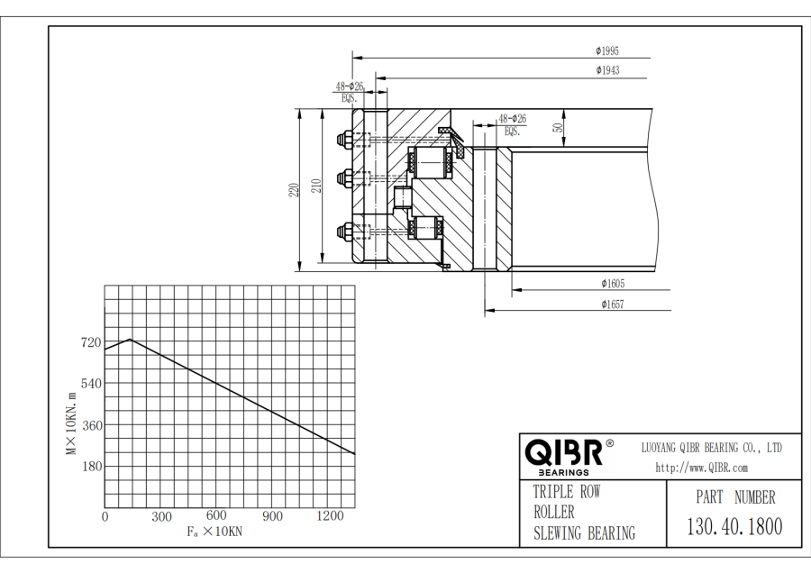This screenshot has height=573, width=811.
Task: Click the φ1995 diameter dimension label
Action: coord(607,51)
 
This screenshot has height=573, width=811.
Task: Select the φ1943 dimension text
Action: coord(607,69)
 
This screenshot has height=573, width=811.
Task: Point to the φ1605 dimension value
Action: coord(613,284)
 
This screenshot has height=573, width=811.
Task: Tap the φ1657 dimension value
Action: coord(613,305)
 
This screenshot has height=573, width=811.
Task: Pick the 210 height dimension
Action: coord(316,186)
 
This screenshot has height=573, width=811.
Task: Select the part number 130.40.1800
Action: coord(734,526)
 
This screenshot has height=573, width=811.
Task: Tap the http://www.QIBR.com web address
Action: coord(701,468)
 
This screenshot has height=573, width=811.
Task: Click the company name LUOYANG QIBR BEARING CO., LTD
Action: coord(711,448)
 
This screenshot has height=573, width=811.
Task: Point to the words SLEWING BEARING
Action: coord(584,533)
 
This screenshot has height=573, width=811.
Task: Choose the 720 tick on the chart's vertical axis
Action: coord(90,342)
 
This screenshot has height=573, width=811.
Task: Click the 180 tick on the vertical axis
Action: coord(90,466)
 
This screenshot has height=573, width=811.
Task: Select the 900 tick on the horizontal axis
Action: coord(272,516)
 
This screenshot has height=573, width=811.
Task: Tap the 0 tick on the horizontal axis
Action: coord(105,516)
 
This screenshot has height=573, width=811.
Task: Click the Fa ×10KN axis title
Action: coord(214,532)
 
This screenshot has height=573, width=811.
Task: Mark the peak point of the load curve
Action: coord(131,340)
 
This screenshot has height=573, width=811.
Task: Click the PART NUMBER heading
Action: coord(734,497)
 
